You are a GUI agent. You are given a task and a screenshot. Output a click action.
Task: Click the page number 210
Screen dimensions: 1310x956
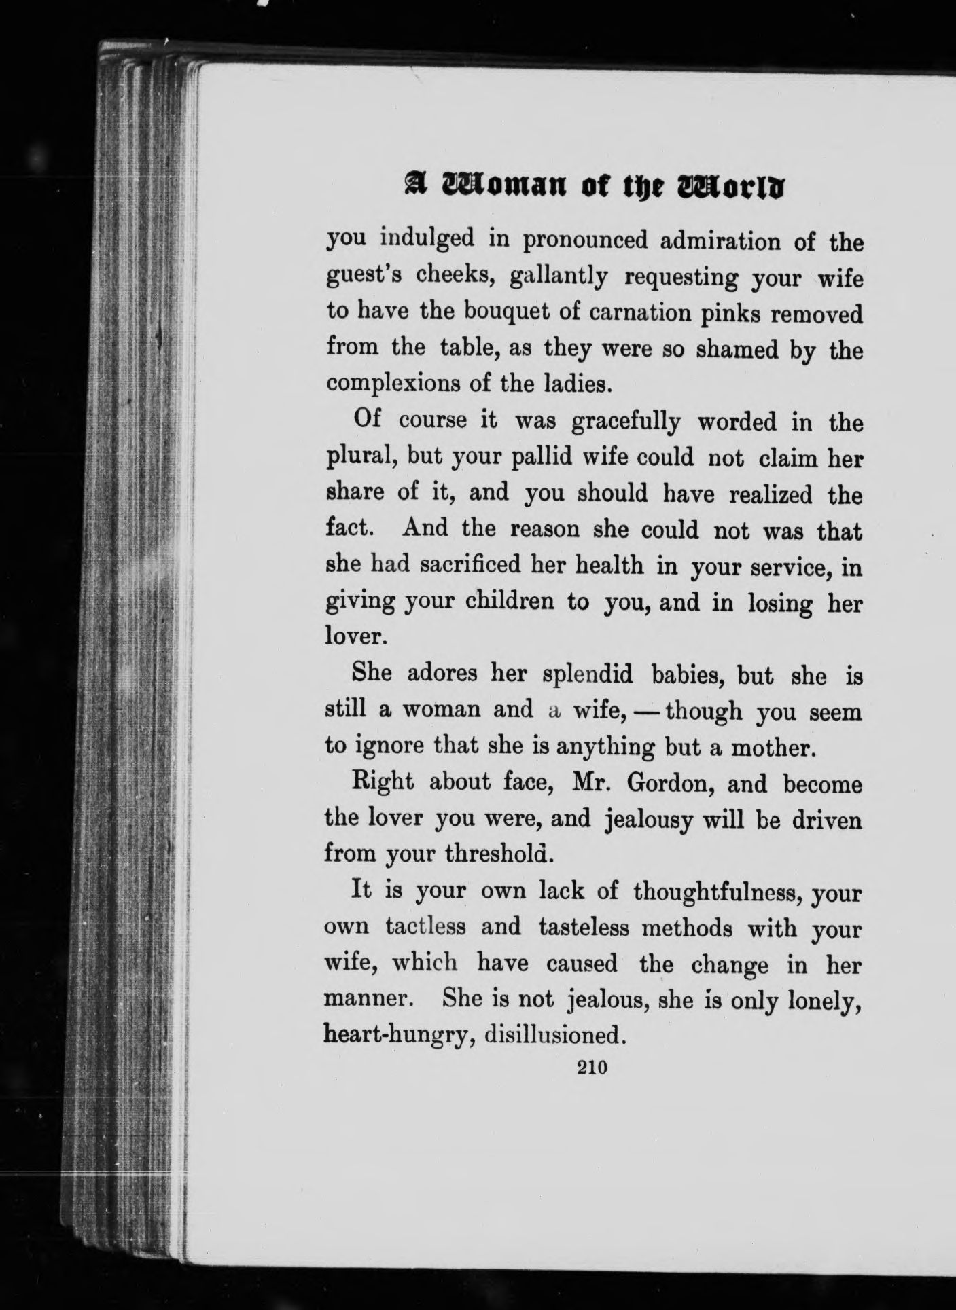click(591, 1068)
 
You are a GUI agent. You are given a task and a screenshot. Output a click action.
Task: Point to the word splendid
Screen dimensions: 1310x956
click(588, 674)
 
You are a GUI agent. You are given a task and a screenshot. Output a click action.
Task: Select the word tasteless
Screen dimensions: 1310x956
click(583, 927)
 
